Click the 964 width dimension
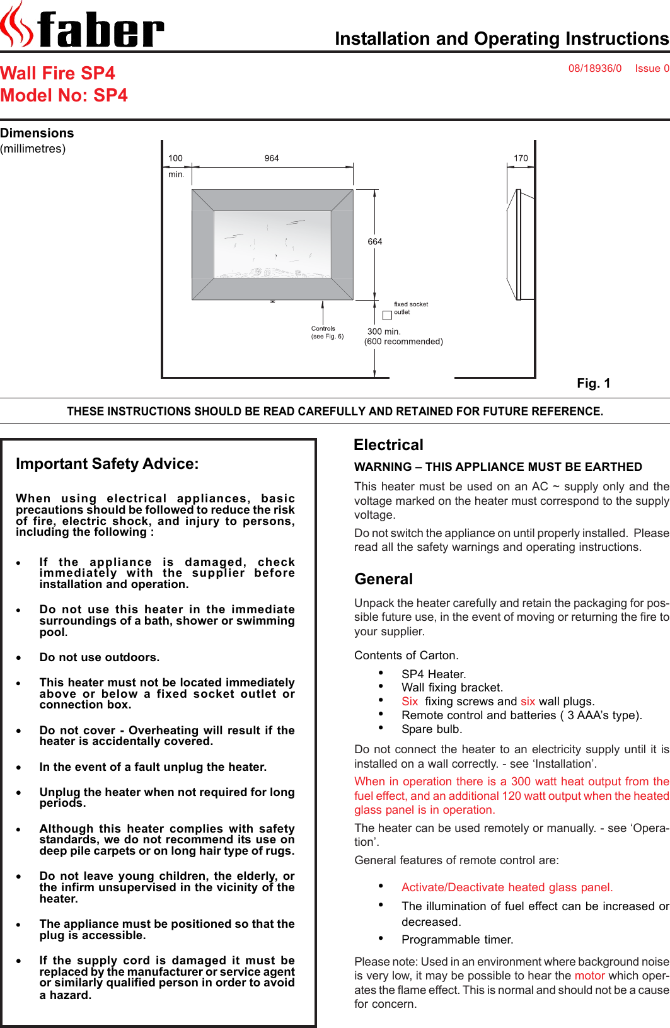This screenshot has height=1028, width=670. (272, 158)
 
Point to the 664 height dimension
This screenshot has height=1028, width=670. (375, 241)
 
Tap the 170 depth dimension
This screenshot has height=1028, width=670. (521, 158)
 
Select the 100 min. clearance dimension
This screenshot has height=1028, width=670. (176, 166)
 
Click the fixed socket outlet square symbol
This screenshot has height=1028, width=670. (387, 315)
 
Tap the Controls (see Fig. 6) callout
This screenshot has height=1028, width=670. (326, 332)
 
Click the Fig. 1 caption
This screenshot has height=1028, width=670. (593, 383)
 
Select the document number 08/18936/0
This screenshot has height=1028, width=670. (594, 68)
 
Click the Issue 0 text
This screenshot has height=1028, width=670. (652, 68)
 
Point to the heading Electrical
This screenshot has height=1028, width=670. (388, 445)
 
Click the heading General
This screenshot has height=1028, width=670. (383, 579)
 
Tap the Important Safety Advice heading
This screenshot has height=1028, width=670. (107, 464)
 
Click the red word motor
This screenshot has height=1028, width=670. (589, 975)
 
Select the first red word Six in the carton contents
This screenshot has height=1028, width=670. (410, 701)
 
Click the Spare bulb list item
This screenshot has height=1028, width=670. (432, 729)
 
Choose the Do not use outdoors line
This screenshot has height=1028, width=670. (99, 657)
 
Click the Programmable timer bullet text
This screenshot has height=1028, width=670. (457, 939)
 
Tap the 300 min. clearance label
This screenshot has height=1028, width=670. (384, 332)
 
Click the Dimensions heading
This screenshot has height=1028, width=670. (37, 133)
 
